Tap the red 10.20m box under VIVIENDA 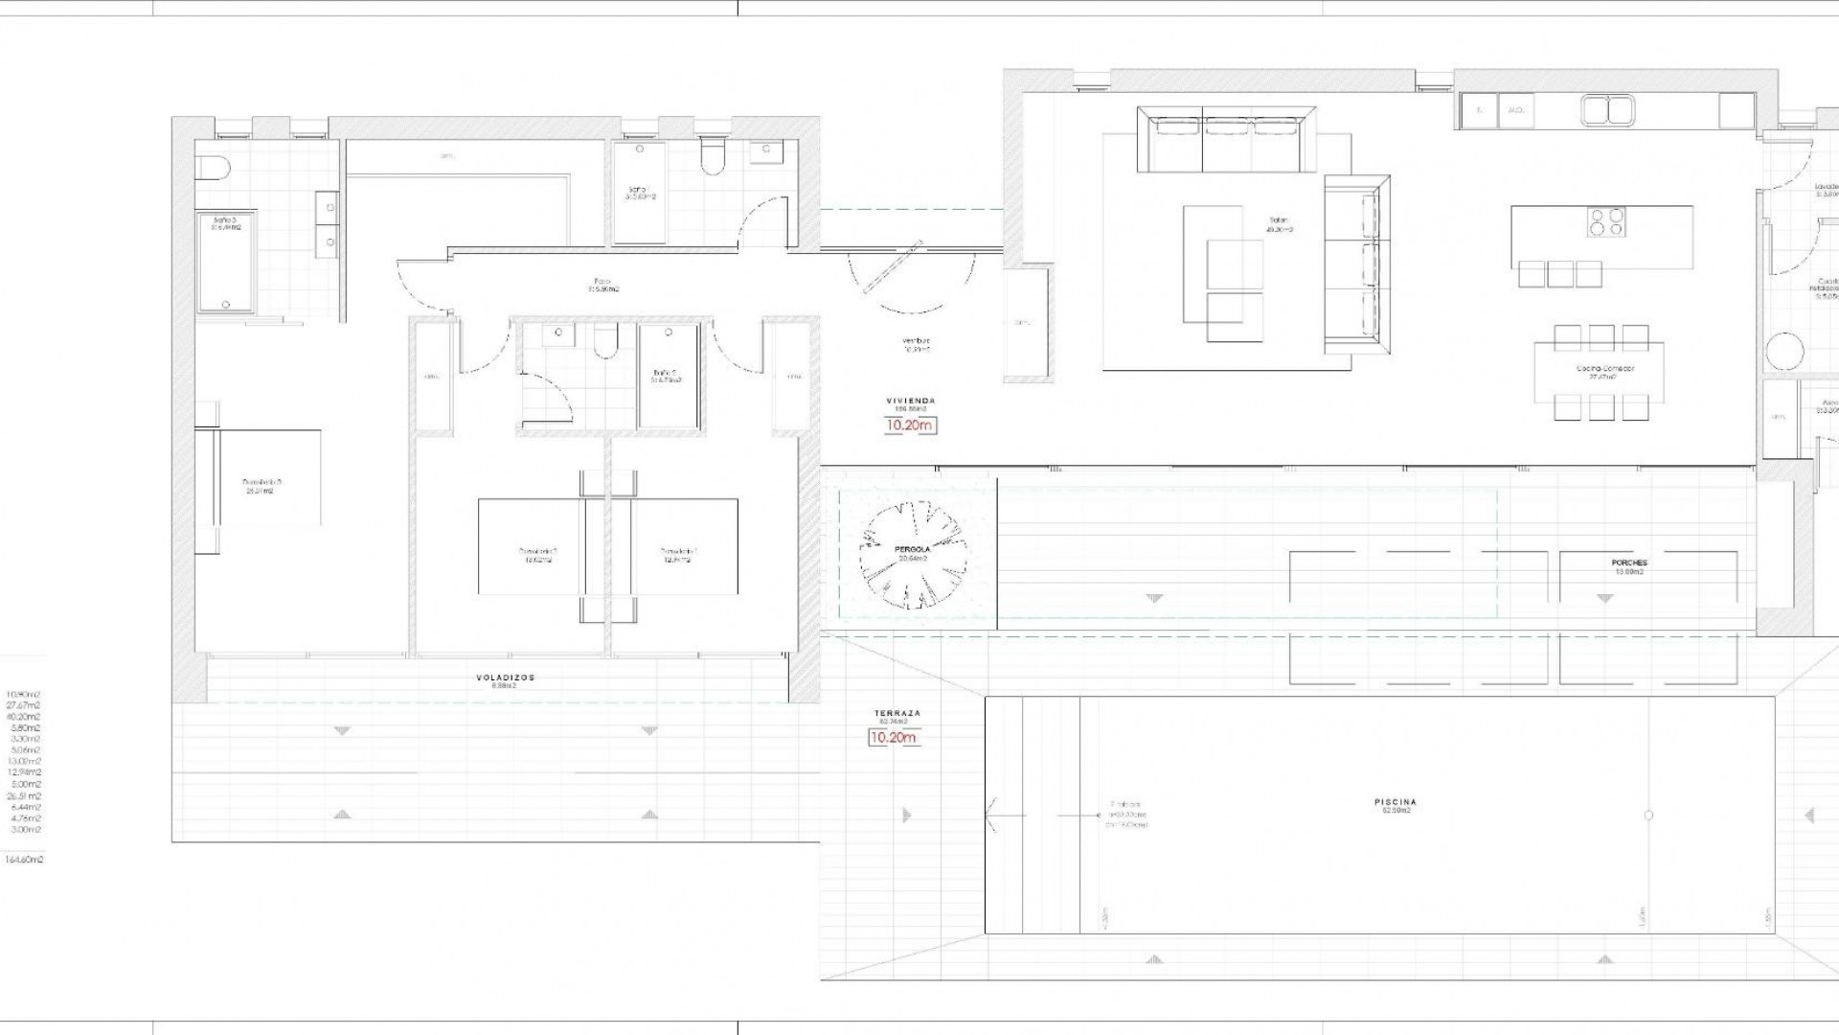pos(910,425)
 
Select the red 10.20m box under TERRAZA pos(893,737)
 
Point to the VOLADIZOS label pos(505,678)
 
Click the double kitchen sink pos(1608,111)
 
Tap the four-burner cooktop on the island pos(1604,221)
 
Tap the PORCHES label pos(1628,563)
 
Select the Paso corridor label pos(602,282)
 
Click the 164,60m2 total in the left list pos(24,860)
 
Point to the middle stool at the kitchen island pos(1560,274)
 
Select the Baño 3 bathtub pos(226,263)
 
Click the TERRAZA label pos(897,714)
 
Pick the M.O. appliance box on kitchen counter pos(1515,110)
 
